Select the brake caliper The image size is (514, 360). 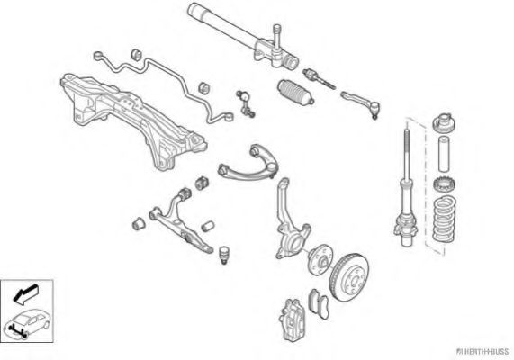293,319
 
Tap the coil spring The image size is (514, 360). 444,220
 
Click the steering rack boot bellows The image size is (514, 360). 295,93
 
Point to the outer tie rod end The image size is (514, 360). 361,104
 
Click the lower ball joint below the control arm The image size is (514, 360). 224,255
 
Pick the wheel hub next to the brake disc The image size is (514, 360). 320,260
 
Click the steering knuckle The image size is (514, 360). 290,223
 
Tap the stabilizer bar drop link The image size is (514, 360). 246,103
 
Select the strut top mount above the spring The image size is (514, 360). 445,122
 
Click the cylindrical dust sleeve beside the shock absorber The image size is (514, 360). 444,153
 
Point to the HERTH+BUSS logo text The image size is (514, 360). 483,352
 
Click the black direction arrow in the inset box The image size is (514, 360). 25,293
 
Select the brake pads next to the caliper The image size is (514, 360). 319,303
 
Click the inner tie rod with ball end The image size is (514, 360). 319,78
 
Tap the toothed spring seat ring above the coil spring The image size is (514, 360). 444,185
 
